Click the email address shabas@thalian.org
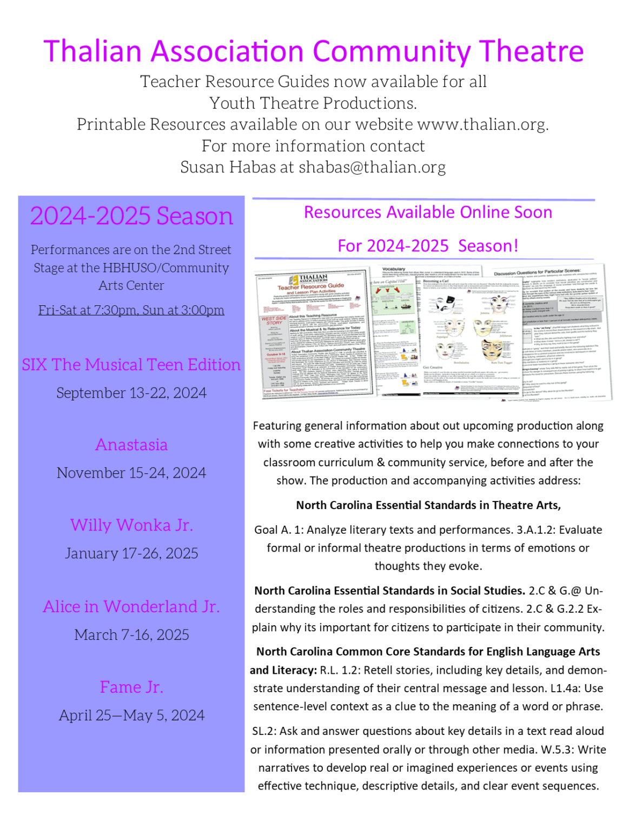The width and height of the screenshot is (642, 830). point(372,168)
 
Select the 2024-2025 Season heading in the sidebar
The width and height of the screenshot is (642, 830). point(131,216)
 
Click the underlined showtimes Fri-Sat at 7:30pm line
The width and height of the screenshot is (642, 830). point(131,310)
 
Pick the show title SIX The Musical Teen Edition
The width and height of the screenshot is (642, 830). point(131,365)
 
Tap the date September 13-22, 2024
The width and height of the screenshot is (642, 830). point(131,393)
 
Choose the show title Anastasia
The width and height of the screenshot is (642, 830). point(131,445)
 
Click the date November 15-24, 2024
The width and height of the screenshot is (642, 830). point(131,473)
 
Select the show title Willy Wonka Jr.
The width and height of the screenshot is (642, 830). point(131,525)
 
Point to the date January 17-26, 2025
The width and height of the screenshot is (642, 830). point(131,553)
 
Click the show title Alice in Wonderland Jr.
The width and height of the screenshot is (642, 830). point(131,607)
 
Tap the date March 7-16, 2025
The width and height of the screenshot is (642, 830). point(131,634)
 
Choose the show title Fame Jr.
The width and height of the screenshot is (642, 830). point(131,687)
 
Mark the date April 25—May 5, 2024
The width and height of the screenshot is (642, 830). point(131,715)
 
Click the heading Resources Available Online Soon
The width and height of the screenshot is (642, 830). point(428,212)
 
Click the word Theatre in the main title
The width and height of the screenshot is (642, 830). point(532,51)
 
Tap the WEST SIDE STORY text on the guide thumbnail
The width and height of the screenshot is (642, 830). point(274,320)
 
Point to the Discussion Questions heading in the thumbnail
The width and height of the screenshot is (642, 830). point(537,272)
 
